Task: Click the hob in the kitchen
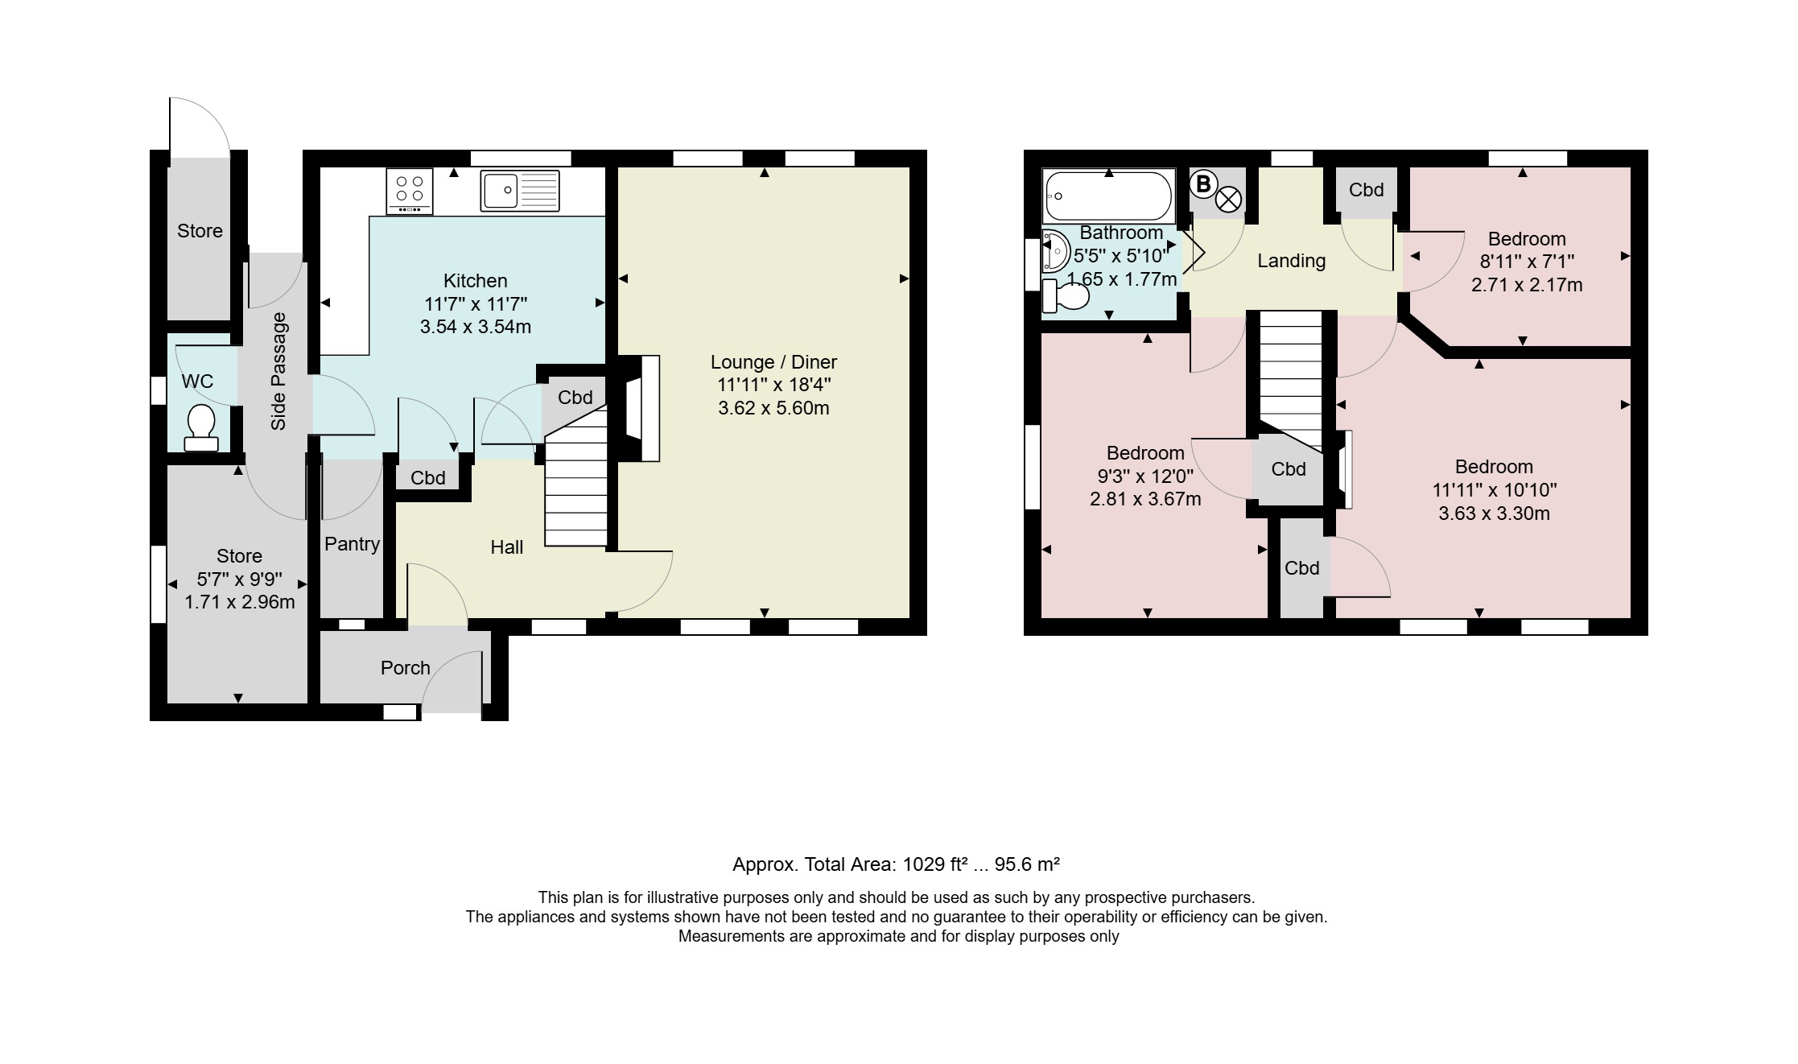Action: (409, 191)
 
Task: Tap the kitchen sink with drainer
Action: (520, 191)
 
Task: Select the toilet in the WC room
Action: (200, 427)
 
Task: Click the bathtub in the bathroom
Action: (1109, 196)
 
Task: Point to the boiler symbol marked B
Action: (1202, 184)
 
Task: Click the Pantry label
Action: (352, 544)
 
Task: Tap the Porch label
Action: (406, 668)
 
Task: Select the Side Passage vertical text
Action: (278, 371)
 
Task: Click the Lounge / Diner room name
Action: (773, 362)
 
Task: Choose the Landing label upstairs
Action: (1291, 261)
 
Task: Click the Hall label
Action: (507, 547)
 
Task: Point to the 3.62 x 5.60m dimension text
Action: (773, 408)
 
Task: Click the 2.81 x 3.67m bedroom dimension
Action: (1145, 499)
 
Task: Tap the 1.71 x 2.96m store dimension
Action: (240, 602)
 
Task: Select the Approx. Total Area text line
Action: (896, 864)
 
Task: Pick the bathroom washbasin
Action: (1055, 250)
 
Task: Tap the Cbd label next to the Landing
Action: (1366, 190)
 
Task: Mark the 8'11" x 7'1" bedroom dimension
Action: (1527, 262)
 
